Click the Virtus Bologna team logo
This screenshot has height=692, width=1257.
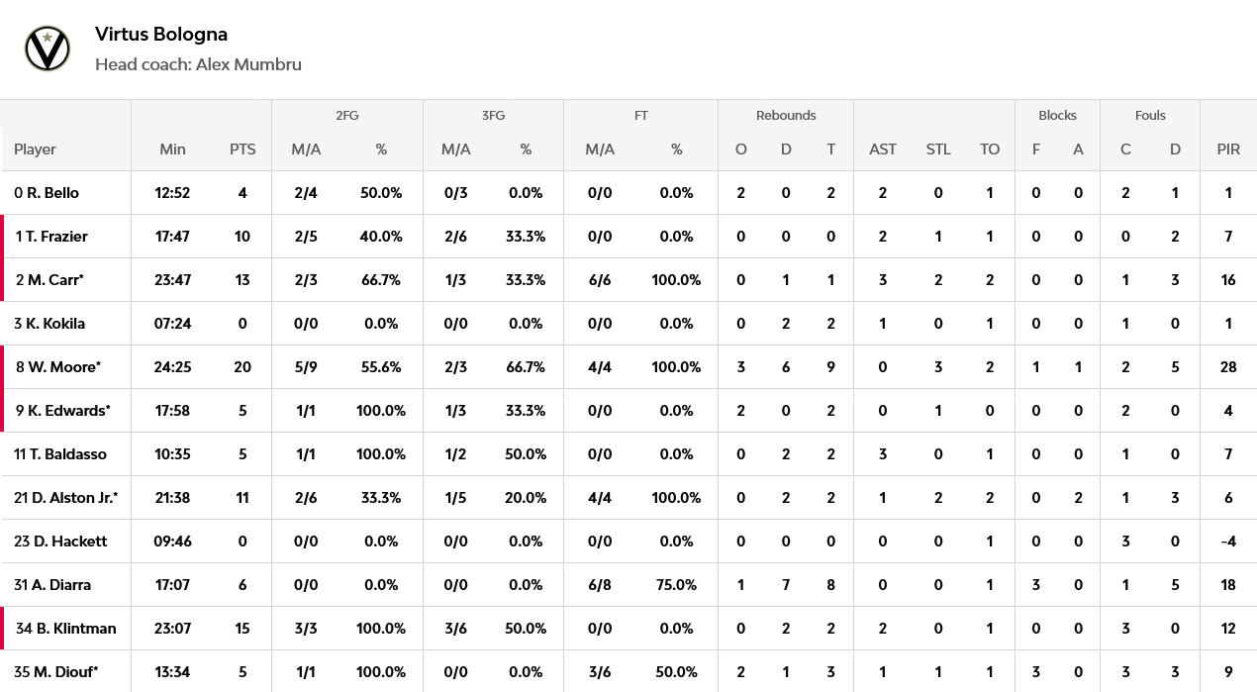point(48,49)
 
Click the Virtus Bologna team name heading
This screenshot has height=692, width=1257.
point(161,35)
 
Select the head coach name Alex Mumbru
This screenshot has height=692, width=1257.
point(248,64)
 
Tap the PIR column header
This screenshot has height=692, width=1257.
point(1228,149)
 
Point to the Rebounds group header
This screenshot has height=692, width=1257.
point(786,115)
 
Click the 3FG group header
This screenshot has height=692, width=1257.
point(493,115)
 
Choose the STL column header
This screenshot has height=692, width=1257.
point(937,149)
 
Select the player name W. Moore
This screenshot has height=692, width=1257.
point(64,367)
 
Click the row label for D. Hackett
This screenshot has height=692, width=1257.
point(60,542)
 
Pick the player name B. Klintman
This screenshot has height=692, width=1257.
point(76,628)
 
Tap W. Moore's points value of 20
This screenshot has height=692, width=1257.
point(242,367)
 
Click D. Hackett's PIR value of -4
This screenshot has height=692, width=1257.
point(1228,542)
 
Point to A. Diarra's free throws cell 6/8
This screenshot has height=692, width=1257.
point(600,585)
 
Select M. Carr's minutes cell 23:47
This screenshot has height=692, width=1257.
point(172,280)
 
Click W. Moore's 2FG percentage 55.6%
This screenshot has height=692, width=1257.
point(381,367)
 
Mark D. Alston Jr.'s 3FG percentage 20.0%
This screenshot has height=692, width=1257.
point(526,498)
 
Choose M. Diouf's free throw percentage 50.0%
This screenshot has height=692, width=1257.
point(676,672)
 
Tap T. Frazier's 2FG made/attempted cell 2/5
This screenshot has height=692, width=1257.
point(306,237)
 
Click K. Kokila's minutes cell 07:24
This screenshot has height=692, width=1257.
point(172,324)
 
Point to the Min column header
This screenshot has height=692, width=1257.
point(172,149)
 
